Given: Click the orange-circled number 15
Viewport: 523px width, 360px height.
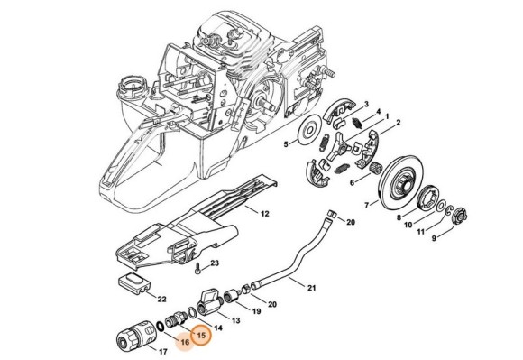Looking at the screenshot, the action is tap(201, 335).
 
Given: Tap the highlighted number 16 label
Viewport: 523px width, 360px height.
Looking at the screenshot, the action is tap(185, 342).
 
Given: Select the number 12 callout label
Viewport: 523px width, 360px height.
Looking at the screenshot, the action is tap(264, 214).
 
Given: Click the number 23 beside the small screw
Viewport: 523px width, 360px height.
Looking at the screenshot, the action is tap(215, 263).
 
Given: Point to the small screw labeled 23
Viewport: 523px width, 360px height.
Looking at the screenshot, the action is tap(197, 268).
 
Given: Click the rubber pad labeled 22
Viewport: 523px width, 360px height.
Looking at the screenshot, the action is tap(133, 284).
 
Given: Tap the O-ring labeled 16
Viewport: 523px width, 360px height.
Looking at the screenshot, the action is tap(160, 326).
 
